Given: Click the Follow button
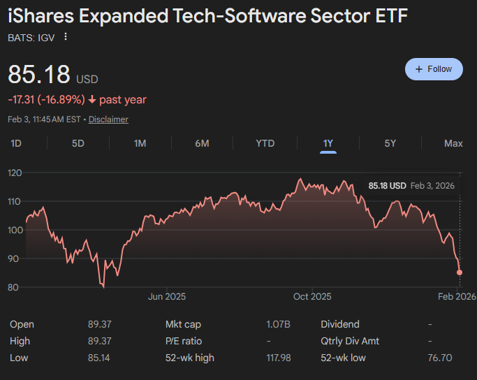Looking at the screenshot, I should coord(434,69).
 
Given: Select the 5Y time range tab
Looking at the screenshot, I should coord(390,143).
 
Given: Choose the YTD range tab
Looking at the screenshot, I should coord(265,143).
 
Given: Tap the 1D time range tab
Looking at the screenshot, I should coord(16,143).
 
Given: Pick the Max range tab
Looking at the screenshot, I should coord(453,143).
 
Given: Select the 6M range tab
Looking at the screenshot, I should coord(202,143).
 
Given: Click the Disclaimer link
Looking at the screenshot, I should coord(108,119).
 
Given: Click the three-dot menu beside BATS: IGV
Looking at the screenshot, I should coord(66,37).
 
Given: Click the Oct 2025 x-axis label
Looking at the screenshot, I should coord(312,296).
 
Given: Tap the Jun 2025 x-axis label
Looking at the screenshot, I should coord(166,296).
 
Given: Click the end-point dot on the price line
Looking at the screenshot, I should coord(460,272).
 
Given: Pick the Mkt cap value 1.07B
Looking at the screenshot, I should coord(277,324).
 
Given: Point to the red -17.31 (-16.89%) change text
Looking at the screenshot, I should coord(46,100).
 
